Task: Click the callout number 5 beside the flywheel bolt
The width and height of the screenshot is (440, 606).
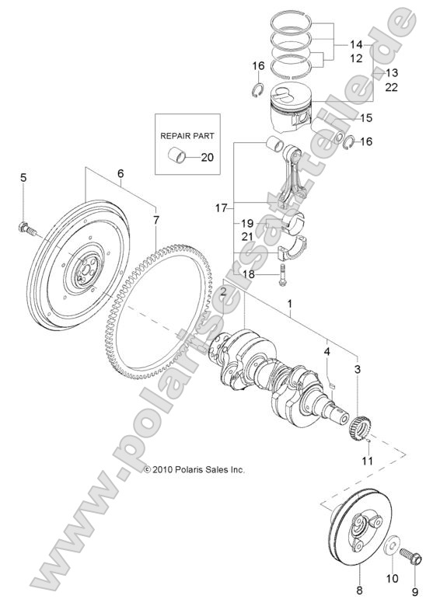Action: (x=23, y=178)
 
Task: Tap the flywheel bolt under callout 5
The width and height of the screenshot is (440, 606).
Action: (x=26, y=228)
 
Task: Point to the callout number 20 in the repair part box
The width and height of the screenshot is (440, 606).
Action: (x=206, y=158)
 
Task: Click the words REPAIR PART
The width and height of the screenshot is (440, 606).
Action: (x=186, y=134)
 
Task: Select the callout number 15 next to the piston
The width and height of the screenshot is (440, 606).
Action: (x=365, y=118)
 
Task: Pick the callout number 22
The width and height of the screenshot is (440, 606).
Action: (x=392, y=87)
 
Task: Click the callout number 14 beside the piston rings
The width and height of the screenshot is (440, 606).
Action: (x=357, y=45)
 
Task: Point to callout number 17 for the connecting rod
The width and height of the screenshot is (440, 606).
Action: (x=220, y=207)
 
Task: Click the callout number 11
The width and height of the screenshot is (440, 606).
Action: (x=366, y=461)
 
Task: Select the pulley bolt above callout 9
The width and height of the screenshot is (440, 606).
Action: (x=410, y=558)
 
